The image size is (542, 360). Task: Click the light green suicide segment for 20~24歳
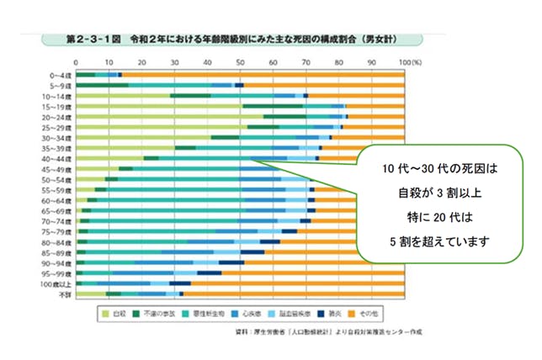168,117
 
